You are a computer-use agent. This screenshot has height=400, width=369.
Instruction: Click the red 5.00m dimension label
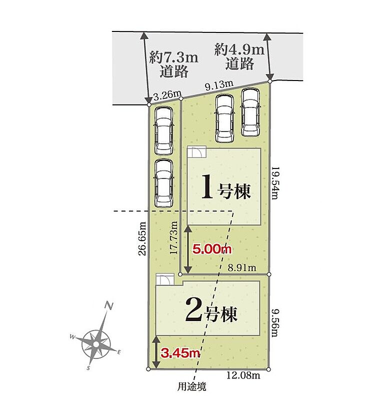coord(212,249)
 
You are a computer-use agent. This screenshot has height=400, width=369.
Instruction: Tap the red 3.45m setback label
coord(180,353)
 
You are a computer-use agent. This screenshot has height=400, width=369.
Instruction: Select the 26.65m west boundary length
coord(142,238)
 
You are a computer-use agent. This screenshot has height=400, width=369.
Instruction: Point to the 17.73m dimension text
coord(174,237)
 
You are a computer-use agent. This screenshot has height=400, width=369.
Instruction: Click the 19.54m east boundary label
coord(274,183)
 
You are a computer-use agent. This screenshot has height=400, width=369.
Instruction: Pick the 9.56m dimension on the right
coord(274,323)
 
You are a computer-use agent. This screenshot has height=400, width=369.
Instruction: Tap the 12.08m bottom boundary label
coord(243,375)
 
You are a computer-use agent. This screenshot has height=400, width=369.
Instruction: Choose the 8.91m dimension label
coord(242,267)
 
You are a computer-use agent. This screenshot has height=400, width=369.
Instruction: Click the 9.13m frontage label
coord(219,85)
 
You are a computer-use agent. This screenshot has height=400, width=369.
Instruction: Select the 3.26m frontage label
coord(167,95)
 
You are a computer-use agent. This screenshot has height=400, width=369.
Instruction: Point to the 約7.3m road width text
coord(174,57)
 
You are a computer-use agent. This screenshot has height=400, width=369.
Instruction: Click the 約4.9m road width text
coord(239,49)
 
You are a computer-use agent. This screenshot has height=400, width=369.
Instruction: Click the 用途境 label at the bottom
coord(192,386)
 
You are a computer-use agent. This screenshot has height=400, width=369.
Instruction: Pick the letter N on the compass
coord(109,305)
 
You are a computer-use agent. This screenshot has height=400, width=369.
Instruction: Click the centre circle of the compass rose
coord(96,344)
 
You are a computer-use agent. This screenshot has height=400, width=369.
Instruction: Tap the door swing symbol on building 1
coord(196,152)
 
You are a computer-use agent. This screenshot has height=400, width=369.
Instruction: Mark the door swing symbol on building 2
coord(165,279)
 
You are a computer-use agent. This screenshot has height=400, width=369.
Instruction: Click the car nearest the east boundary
coord(251,112)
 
